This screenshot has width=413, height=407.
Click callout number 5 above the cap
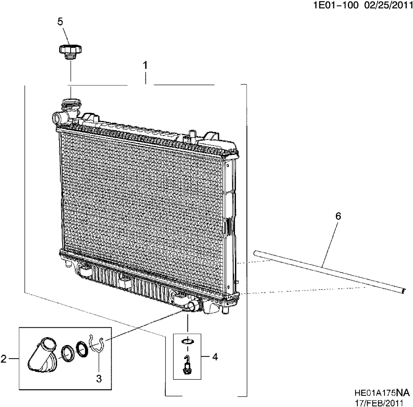(60, 22)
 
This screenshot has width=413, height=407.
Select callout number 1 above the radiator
(145, 65)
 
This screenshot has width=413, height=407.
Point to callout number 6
(338, 216)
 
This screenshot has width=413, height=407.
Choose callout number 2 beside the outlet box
(4, 359)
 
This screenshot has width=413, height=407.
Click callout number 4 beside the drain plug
(215, 356)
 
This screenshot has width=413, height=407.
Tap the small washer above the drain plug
(187, 341)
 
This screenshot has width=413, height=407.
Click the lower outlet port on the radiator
(192, 306)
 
